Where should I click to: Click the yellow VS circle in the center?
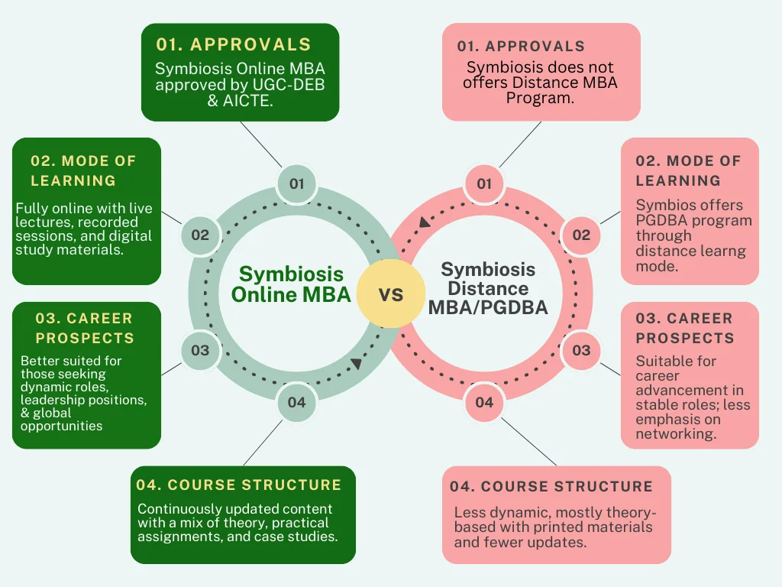pyautogui.click(x=391, y=293)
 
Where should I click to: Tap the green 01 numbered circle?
pyautogui.click(x=296, y=183)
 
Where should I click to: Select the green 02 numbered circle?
pyautogui.click(x=200, y=235)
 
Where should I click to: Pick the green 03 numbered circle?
pyautogui.click(x=200, y=350)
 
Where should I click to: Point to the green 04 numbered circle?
pyautogui.click(x=296, y=402)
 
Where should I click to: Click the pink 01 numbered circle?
pyautogui.click(x=484, y=183)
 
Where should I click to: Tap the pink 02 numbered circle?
pyautogui.click(x=581, y=235)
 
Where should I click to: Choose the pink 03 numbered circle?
pyautogui.click(x=581, y=350)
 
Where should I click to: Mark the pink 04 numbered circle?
pyautogui.click(x=484, y=402)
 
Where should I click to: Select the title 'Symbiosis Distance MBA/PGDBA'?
pyautogui.click(x=488, y=289)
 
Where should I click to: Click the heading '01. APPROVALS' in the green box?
pyautogui.click(x=234, y=44)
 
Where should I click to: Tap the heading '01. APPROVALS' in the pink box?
pyautogui.click(x=521, y=46)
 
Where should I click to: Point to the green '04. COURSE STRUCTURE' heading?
pyautogui.click(x=238, y=485)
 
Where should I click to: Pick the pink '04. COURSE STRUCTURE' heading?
pyautogui.click(x=551, y=487)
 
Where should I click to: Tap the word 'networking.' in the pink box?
pyautogui.click(x=676, y=434)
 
